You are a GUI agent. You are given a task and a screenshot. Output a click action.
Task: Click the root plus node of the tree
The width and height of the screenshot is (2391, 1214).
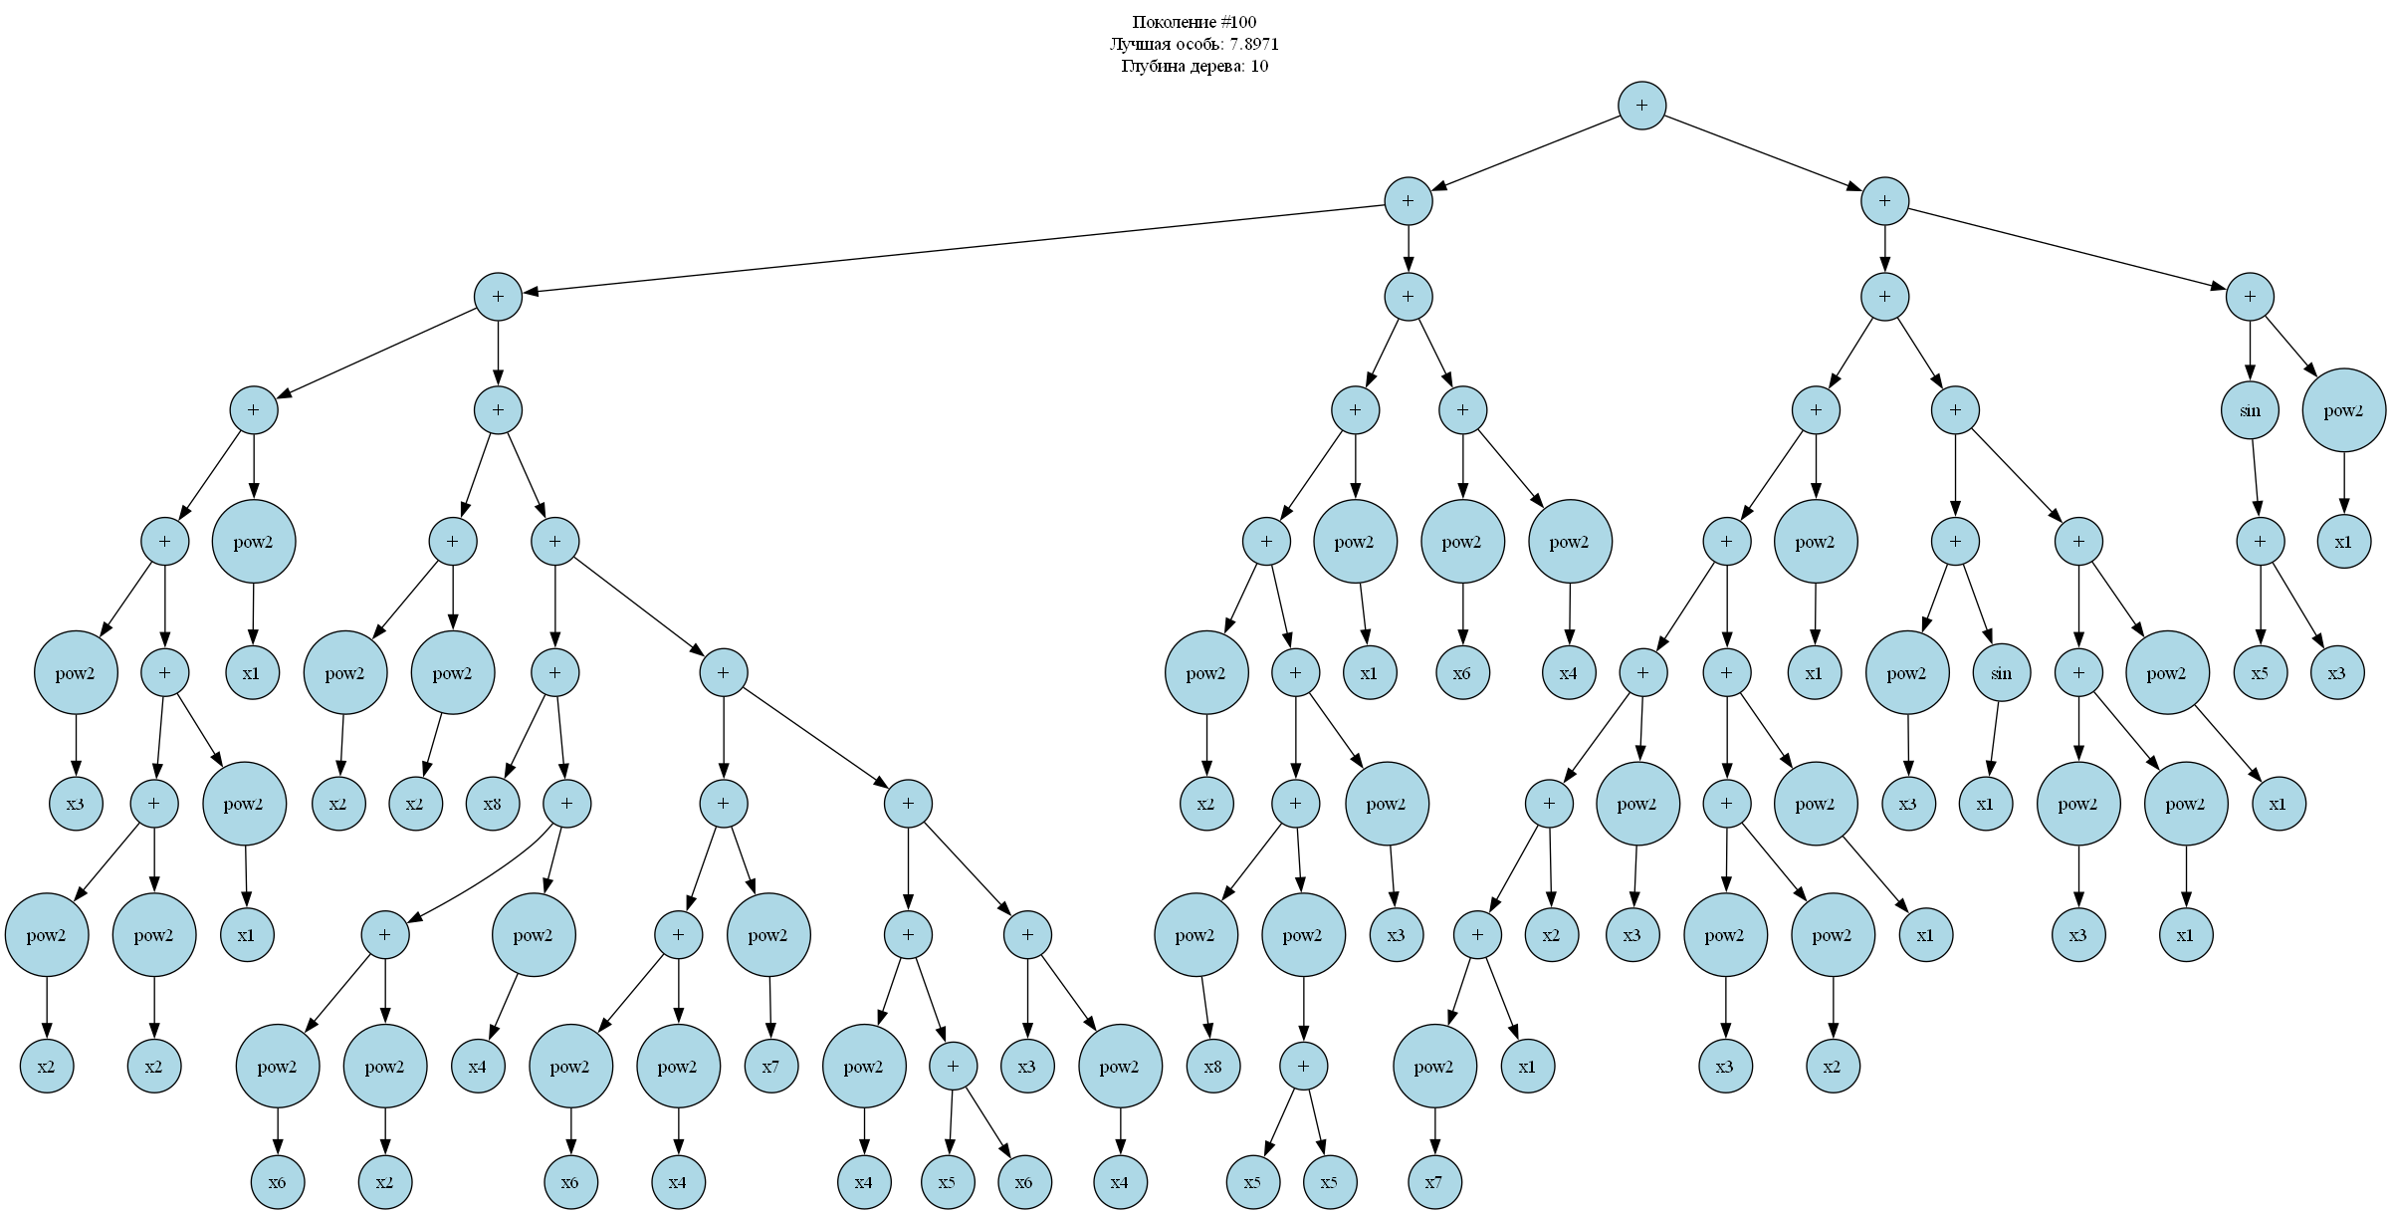point(1641,106)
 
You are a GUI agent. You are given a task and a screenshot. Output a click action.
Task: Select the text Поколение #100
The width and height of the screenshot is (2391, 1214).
point(1195,22)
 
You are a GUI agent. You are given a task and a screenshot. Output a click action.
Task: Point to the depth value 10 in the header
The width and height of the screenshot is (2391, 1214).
point(1259,66)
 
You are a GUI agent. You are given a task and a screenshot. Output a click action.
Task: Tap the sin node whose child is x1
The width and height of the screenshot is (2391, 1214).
point(2001,673)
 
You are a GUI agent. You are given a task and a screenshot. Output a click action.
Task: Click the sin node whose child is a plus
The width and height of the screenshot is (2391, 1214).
point(2250,410)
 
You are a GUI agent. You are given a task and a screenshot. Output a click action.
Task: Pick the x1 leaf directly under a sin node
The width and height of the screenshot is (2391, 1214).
point(1985,804)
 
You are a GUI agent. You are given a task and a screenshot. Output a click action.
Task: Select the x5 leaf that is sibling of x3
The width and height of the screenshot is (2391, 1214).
point(2260,673)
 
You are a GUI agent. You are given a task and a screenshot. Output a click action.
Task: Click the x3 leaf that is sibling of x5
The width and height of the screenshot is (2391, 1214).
point(2336,673)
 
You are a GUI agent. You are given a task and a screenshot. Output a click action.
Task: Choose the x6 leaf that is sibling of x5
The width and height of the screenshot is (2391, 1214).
point(1023,1182)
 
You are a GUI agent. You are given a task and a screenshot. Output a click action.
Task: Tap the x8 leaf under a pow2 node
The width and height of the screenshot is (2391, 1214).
point(1212,1067)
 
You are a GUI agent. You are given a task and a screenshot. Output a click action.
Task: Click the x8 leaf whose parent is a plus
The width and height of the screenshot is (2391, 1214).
point(492,804)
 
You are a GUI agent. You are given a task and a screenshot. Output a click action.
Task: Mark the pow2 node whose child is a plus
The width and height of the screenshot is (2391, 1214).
point(1303,935)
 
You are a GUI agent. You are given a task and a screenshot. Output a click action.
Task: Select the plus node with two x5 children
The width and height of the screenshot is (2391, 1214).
point(1303,1067)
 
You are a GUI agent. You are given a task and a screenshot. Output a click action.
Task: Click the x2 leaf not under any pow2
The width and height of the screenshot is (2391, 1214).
point(1551,935)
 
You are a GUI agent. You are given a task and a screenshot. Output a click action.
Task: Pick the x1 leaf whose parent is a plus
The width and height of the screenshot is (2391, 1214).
point(1527,1067)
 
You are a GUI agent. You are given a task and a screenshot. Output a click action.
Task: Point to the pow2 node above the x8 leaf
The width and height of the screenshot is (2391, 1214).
point(1195,935)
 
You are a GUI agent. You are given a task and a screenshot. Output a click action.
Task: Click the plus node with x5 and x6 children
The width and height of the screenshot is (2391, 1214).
point(953,1067)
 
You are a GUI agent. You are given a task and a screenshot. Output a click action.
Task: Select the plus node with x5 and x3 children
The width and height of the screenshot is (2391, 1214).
point(2260,542)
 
